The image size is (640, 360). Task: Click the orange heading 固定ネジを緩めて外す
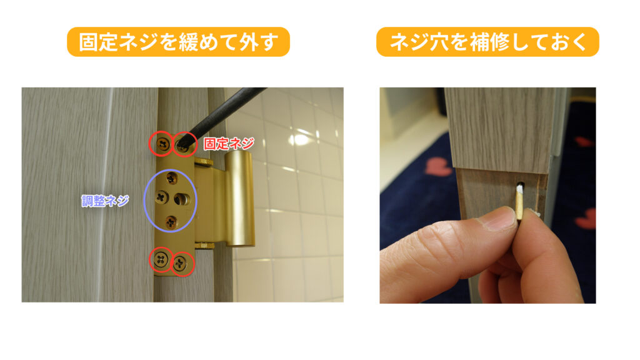(x=178, y=42)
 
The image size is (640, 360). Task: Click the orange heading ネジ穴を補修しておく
(x=487, y=42)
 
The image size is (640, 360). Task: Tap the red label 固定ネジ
(x=229, y=144)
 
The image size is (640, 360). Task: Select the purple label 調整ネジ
(x=105, y=201)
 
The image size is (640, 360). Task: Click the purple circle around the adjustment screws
(x=144, y=201)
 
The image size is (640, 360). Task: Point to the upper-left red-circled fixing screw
(x=164, y=144)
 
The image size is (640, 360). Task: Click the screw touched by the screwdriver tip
(x=183, y=145)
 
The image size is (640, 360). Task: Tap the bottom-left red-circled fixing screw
(x=161, y=259)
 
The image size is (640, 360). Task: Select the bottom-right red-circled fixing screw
(x=179, y=264)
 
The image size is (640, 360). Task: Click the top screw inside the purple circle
(x=172, y=178)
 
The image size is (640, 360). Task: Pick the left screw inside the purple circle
(x=162, y=197)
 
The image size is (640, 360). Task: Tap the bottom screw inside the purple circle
(x=171, y=222)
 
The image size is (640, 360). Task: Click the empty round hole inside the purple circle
(x=182, y=199)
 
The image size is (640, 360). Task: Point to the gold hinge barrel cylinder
(x=239, y=198)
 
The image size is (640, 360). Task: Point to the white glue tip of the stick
(x=520, y=188)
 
